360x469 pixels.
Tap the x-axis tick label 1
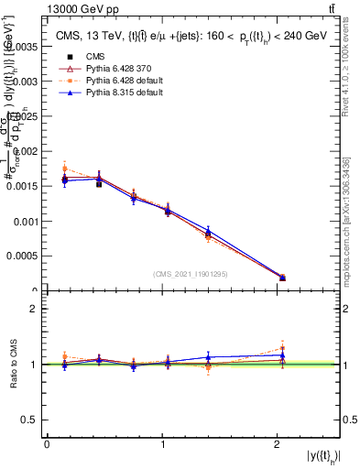pos(162,444)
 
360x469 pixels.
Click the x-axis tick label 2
pos(278,444)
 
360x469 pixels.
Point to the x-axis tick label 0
pos(47,444)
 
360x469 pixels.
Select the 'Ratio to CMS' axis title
pos(12,365)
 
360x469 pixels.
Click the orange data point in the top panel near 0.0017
pos(64,168)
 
